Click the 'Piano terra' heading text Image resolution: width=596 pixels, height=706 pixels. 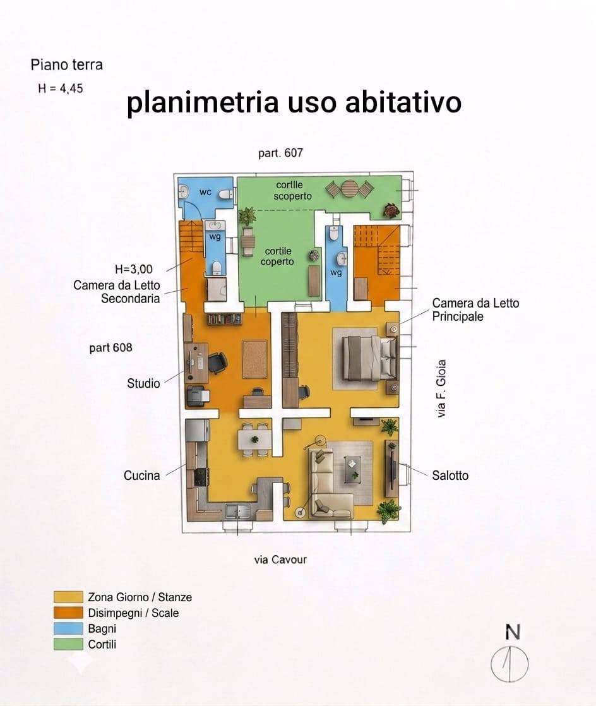point(67,65)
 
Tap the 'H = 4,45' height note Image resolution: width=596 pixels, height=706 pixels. point(61,88)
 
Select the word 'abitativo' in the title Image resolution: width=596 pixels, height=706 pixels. point(403,102)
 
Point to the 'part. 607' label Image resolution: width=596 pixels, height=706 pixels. point(280,153)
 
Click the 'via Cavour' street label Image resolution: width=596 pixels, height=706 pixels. point(280,559)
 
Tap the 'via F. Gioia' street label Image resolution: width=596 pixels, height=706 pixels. point(441,388)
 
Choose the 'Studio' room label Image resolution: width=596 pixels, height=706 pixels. point(143,383)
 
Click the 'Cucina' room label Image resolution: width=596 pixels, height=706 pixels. point(142,476)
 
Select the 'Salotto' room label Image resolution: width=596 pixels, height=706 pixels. point(450,476)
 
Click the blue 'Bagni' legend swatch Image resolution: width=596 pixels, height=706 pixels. point(68,628)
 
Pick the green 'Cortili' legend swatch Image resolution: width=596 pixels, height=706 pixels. point(68,644)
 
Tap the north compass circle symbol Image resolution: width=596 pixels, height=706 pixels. point(510,664)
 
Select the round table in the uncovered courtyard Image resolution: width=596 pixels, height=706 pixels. point(349,189)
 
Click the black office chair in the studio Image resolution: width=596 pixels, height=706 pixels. point(217,362)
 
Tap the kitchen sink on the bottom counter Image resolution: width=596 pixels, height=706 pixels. point(237,511)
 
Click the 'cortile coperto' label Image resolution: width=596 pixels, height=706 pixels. point(277,256)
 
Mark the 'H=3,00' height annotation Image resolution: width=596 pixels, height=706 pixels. point(134,269)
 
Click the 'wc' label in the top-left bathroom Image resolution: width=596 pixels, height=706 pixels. point(205,192)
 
